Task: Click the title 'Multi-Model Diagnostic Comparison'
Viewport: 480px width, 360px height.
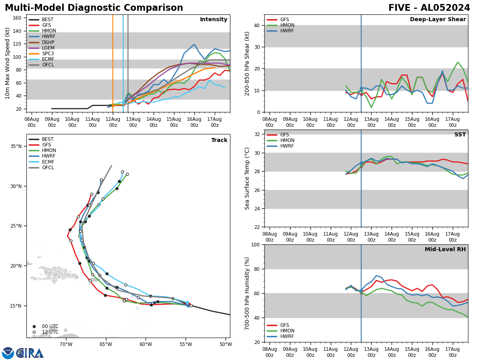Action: tap(94, 8)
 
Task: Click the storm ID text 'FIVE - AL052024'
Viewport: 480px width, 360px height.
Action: tap(429, 8)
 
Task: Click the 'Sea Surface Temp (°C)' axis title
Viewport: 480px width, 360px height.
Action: tap(247, 178)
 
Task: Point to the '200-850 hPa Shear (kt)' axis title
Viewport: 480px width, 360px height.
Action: tap(247, 63)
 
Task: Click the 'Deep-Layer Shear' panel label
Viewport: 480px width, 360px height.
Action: tap(438, 20)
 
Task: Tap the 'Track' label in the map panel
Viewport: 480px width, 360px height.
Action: tap(219, 140)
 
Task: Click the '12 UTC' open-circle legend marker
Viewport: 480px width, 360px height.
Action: tap(34, 332)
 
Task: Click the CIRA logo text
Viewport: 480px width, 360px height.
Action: tap(30, 353)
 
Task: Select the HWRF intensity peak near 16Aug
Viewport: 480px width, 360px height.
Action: tap(194, 44)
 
